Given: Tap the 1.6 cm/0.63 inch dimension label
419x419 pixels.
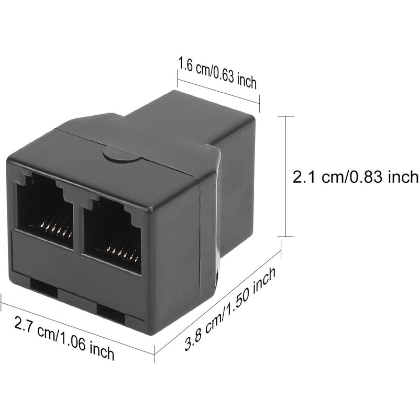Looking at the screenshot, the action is pos(217,73).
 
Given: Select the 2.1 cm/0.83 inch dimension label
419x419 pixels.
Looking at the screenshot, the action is pos(356,177).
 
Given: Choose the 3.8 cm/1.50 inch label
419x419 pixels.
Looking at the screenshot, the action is pos(230,309).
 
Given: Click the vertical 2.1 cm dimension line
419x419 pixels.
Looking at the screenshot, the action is pos(286,177).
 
